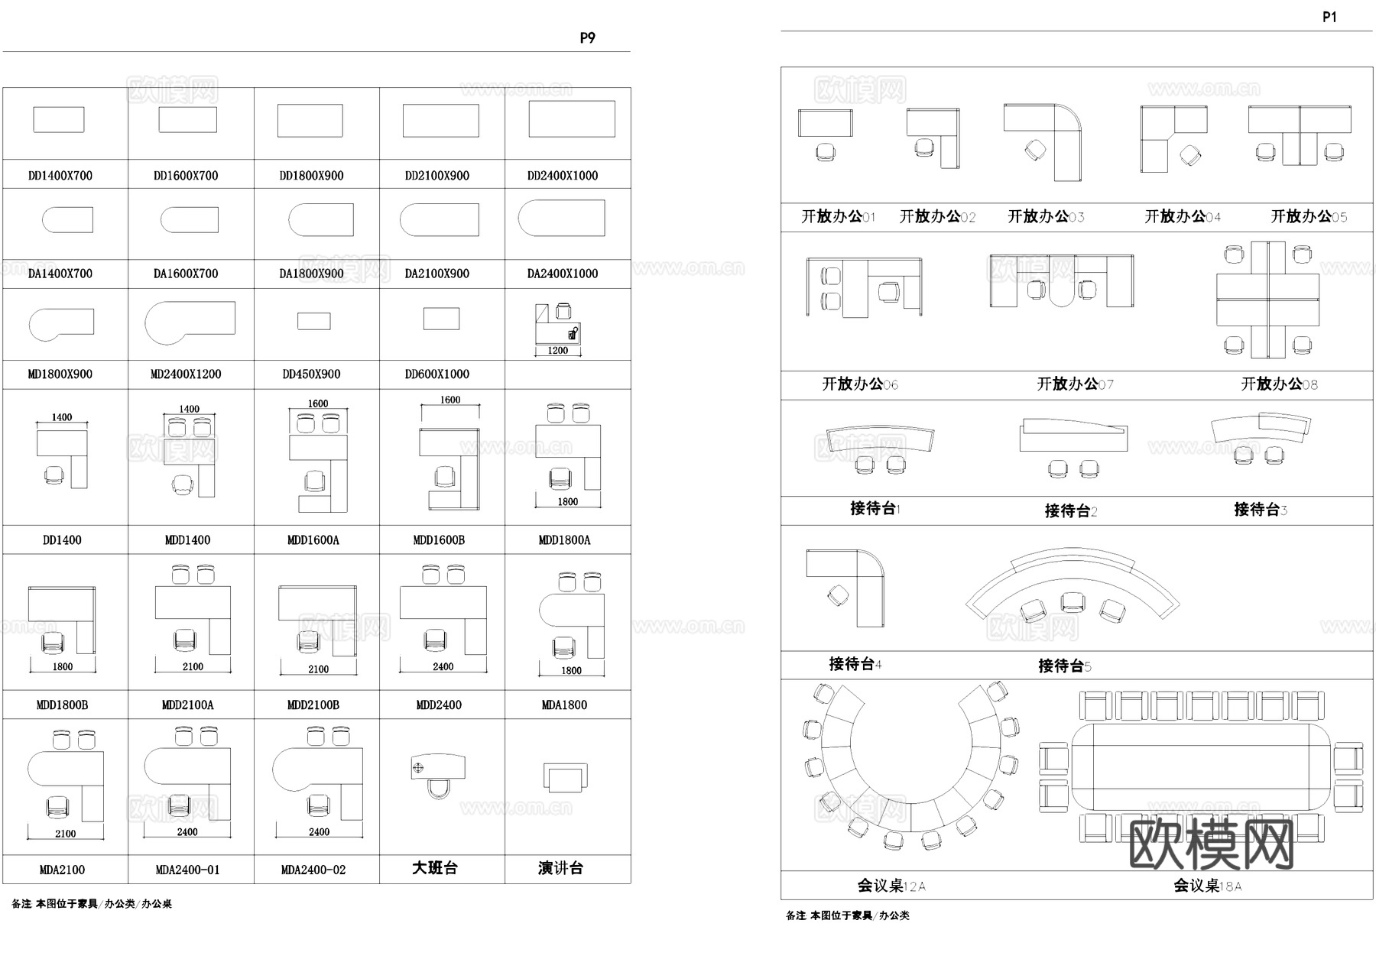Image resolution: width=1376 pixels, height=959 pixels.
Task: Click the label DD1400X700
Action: pos(60,176)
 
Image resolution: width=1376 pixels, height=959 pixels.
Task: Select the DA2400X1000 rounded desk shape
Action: pos(561,218)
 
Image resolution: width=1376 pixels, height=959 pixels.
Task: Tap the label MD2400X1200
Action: pos(186,374)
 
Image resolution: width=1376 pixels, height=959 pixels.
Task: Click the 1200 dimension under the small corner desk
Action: pos(558,351)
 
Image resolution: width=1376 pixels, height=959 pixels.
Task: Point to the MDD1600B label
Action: pos(439,540)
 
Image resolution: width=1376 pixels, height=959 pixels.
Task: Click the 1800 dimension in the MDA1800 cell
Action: pos(571,670)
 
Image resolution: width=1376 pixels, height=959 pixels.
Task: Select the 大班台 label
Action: pos(435,868)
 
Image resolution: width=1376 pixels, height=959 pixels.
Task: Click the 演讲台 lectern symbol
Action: pos(565,779)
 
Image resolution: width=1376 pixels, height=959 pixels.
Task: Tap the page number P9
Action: pos(587,37)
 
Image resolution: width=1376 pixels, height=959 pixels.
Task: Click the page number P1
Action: pos(1329,17)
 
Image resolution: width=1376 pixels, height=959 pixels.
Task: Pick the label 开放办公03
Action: pos(1045,217)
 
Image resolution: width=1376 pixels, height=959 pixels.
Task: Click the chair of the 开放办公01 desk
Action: pos(826,152)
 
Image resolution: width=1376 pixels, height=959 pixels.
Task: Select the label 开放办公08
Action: pos(1279,384)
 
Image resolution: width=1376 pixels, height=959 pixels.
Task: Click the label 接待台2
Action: pos(1070,510)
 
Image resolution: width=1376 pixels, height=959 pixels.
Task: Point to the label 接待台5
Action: pos(1064,666)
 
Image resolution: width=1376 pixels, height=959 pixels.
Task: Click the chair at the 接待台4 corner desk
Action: pos(839,596)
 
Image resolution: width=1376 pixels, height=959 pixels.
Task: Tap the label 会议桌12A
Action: pos(891,886)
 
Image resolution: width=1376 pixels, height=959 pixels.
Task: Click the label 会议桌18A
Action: pos(1207,886)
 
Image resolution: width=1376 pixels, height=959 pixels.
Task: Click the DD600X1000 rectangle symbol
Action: pos(441,319)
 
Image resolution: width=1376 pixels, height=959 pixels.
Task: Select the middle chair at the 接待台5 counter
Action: pos(1073,602)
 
